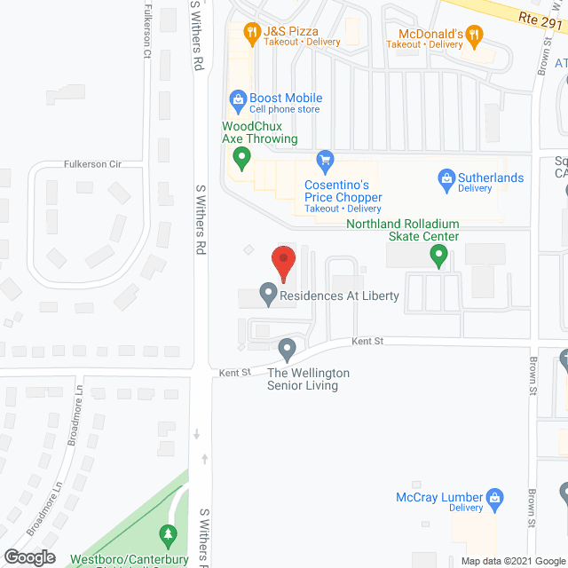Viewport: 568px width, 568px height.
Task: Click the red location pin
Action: pos(282,262)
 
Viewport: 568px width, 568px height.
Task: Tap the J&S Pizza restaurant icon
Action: pos(252,35)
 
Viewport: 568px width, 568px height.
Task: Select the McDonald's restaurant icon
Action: pos(475,36)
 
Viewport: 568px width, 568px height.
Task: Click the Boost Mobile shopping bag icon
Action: pos(237,99)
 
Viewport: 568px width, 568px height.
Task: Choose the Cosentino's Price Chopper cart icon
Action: pos(325,161)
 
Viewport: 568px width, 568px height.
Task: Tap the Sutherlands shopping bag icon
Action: pos(446,178)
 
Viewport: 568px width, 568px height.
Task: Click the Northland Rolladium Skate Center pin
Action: pos(438,256)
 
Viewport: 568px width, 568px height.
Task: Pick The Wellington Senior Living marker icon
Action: pos(287,348)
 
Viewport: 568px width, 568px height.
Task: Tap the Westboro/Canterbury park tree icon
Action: pos(166,535)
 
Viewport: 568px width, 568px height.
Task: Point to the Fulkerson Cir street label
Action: pos(91,164)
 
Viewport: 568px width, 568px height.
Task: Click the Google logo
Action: pos(29,557)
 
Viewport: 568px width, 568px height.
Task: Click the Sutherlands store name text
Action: pos(491,177)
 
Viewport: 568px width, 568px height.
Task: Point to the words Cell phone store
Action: pos(284,109)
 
